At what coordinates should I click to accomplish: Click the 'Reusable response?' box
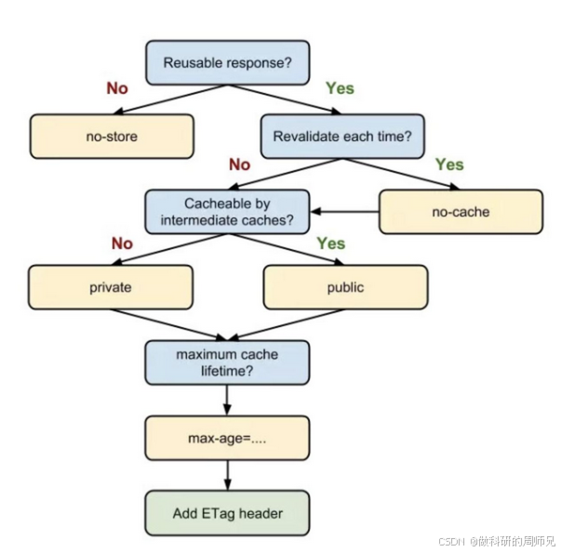(x=226, y=62)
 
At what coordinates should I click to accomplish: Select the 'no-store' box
(x=112, y=136)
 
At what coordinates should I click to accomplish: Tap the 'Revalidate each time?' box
(x=342, y=136)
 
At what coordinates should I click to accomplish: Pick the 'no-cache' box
(x=460, y=211)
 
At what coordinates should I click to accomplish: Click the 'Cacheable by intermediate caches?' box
(x=228, y=212)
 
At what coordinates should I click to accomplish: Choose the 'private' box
(x=111, y=287)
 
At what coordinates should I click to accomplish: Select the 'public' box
(x=345, y=287)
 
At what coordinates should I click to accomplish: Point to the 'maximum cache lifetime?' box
(x=228, y=362)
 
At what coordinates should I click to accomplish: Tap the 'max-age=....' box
(x=228, y=437)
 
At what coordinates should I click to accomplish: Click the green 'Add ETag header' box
(x=228, y=512)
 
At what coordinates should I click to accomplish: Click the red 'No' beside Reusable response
(x=116, y=89)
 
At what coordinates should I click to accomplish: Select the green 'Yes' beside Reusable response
(x=339, y=89)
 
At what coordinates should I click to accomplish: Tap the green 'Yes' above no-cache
(x=448, y=164)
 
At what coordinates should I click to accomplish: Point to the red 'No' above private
(x=123, y=244)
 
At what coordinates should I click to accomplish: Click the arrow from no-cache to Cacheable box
(x=344, y=212)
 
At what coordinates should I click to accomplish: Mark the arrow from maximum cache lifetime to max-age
(x=228, y=400)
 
